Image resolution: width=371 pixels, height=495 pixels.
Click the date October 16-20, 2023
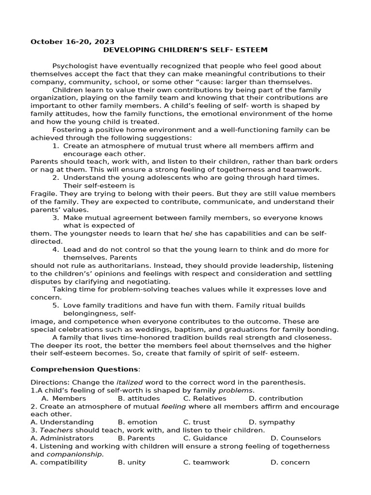tap(72, 42)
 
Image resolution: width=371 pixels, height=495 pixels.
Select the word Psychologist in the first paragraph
tap(75, 66)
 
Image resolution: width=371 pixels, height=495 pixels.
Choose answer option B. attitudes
tap(139, 398)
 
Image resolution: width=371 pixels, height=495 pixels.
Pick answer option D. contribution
tap(276, 398)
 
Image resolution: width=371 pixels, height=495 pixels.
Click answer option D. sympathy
tap(271, 422)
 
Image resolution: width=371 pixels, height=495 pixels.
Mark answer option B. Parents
tap(137, 438)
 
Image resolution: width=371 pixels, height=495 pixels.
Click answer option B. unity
tap(131, 462)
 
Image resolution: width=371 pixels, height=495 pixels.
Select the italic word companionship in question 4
tap(75, 454)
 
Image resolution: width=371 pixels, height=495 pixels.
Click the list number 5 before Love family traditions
tap(56, 306)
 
